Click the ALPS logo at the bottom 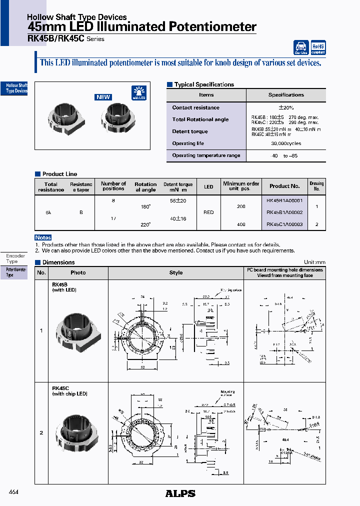coord(180,493)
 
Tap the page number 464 coord(13,492)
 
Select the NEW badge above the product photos coord(103,97)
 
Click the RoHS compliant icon coord(318,47)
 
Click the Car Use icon coord(301,47)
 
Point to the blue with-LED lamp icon coord(139,93)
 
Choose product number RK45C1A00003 coord(284,224)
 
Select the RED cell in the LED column coord(208,212)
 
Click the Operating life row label coord(188,143)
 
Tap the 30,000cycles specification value coord(286,143)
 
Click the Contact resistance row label coord(195,107)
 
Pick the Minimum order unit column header coord(241,186)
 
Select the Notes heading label coord(43,237)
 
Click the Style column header coord(176,273)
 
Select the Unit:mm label coord(314,262)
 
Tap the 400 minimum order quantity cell coord(241,224)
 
